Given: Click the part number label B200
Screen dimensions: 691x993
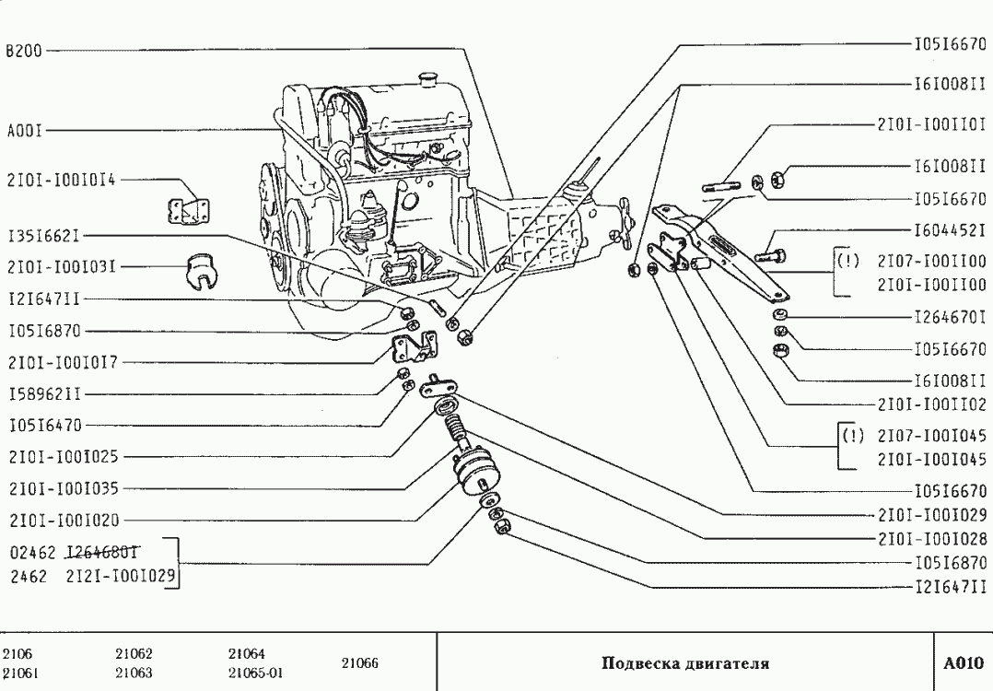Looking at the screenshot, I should (x=22, y=52).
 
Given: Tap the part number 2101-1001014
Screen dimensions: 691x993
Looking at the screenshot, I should (x=61, y=182).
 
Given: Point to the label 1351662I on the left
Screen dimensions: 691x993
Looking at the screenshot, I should (x=43, y=236).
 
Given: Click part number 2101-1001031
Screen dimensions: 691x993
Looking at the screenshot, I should (x=61, y=267).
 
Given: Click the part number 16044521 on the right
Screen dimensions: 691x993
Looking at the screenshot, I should (x=950, y=230).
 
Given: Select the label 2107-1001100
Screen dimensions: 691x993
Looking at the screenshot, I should (x=931, y=261).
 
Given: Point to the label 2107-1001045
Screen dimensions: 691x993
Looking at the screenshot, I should (x=931, y=434).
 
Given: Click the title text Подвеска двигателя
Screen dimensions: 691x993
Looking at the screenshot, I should (x=684, y=662).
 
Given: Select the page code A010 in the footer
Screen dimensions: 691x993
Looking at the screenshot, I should (x=964, y=662).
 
